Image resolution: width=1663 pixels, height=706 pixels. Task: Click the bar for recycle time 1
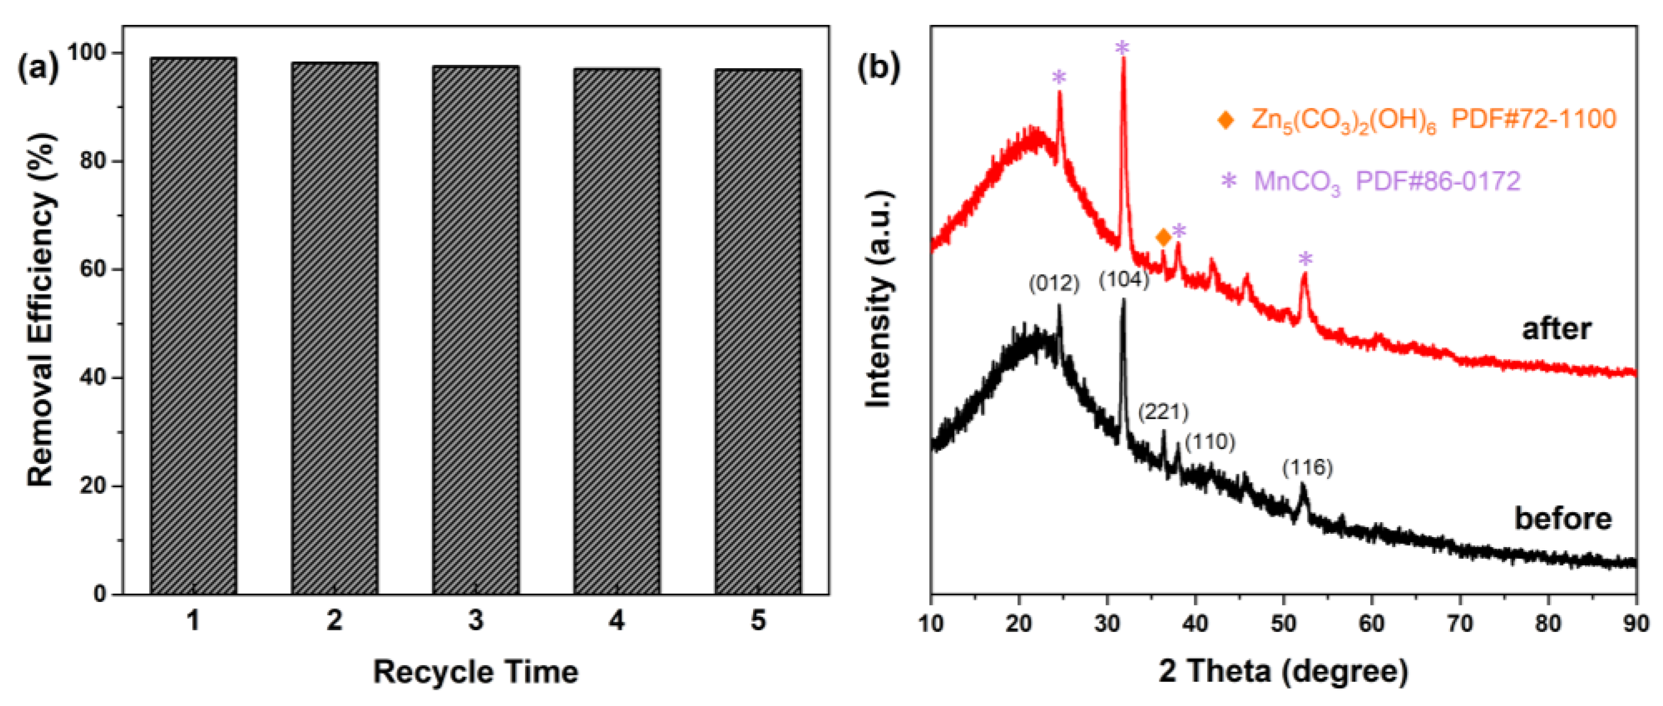click(x=193, y=326)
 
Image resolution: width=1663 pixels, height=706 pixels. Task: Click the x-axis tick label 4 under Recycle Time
click(x=617, y=620)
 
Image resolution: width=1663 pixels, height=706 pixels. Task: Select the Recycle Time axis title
click(x=476, y=672)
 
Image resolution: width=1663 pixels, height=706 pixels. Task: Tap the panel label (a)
click(x=38, y=68)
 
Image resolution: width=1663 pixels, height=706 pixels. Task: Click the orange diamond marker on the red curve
click(x=1163, y=238)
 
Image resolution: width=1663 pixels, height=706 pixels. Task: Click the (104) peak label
click(x=1124, y=280)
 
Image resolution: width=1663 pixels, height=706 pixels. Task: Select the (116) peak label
click(x=1307, y=467)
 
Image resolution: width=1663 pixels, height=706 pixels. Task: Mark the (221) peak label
click(x=1163, y=411)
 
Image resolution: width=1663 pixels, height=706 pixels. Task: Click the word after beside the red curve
click(x=1557, y=329)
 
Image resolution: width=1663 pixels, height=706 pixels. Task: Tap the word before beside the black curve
click(x=1563, y=519)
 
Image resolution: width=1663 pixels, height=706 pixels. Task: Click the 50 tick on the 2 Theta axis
click(x=1283, y=623)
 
